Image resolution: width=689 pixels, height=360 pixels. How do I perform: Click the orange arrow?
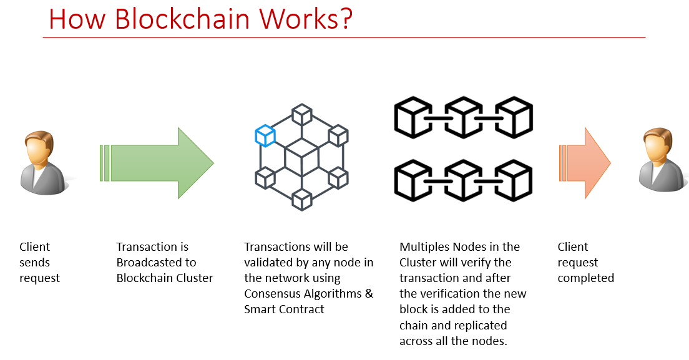pyautogui.click(x=585, y=163)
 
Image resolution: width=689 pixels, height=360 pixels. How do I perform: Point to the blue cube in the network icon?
pyautogui.click(x=265, y=135)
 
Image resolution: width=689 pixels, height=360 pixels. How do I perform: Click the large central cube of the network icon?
pyautogui.click(x=302, y=157)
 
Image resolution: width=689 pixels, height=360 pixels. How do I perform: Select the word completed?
pyautogui.click(x=585, y=278)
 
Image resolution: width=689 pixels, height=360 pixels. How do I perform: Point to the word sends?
pyautogui.click(x=34, y=263)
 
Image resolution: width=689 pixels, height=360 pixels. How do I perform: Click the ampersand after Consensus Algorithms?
pyautogui.click(x=368, y=294)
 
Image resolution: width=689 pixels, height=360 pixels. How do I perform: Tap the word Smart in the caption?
pyautogui.click(x=259, y=309)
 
